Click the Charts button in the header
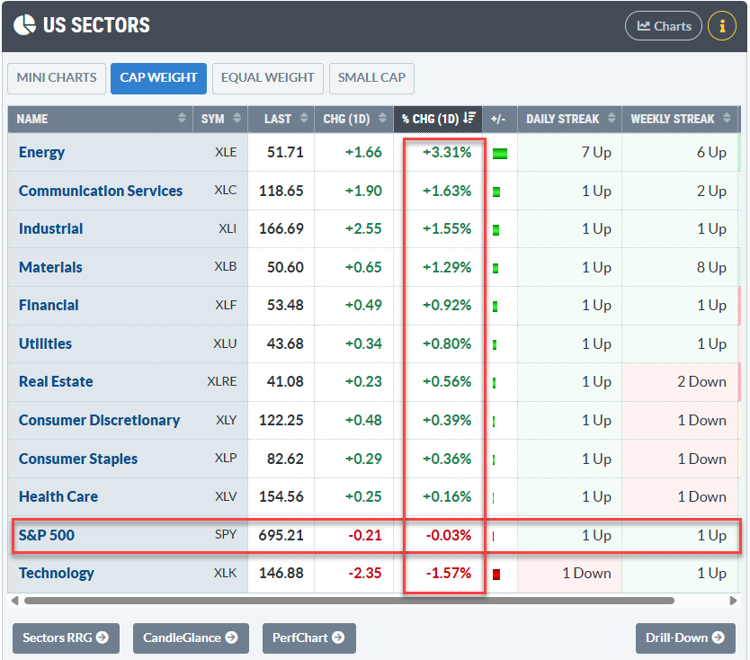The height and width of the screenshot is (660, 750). point(664,26)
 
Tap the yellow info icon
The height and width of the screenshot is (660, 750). point(722,26)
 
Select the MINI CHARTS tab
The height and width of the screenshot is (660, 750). point(57,78)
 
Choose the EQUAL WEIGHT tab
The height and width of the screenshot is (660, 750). point(267,78)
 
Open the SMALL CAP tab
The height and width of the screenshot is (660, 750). point(371,78)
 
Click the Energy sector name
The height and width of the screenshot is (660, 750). point(41,152)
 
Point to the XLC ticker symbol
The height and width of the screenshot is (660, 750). point(226,191)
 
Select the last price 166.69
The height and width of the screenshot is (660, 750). point(281,228)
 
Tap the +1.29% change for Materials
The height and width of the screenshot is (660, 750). point(447,267)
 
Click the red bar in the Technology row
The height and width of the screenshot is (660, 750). point(496,574)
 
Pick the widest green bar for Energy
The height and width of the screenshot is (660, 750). point(500,154)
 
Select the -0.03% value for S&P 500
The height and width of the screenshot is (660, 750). point(448,535)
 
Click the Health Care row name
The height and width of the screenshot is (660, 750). point(58,496)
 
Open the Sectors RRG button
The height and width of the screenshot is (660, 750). point(66,638)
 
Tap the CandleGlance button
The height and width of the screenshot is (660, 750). point(191,638)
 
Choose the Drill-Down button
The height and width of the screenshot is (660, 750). point(685,638)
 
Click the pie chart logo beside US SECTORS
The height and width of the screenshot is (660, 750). point(24,25)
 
